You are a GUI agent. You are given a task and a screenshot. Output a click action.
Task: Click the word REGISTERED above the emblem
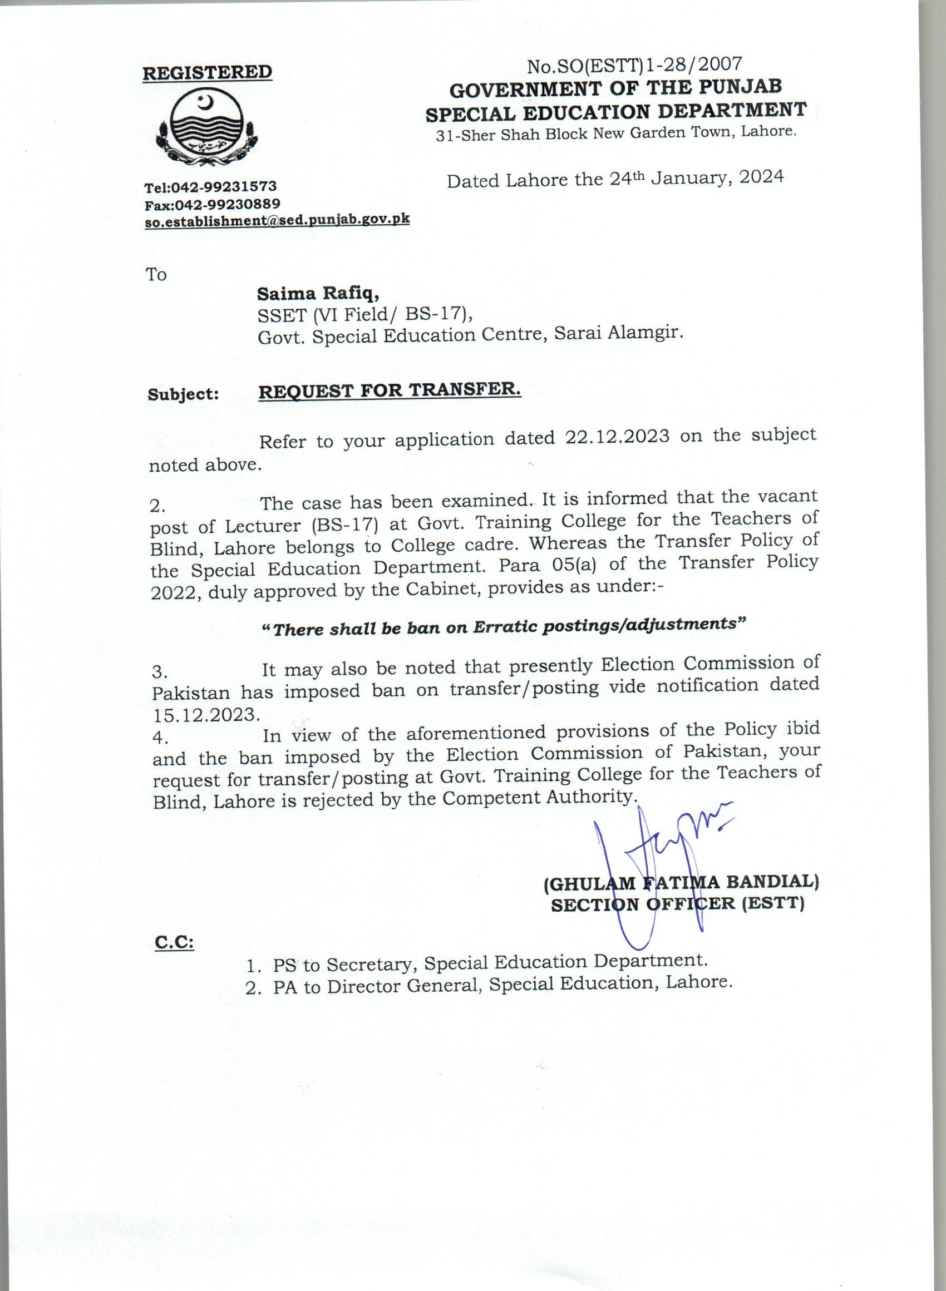tap(206, 73)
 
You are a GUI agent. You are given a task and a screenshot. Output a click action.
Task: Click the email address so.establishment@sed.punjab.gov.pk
tap(277, 221)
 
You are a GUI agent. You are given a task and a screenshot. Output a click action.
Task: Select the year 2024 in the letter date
tap(761, 177)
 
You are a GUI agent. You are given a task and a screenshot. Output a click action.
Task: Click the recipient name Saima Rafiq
tap(318, 294)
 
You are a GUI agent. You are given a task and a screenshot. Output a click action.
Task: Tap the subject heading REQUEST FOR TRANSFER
tap(390, 391)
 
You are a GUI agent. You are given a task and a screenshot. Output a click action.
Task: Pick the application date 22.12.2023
tap(617, 437)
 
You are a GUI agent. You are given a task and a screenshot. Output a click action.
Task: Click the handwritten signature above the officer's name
tap(664, 858)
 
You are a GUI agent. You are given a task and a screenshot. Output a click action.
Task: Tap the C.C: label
tap(174, 942)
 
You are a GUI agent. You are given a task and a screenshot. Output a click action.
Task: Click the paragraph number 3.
tap(158, 672)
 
